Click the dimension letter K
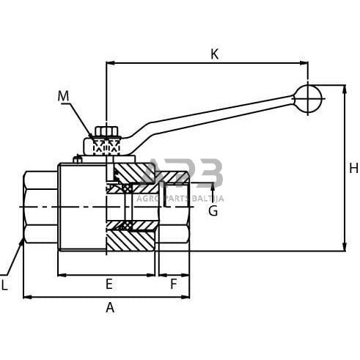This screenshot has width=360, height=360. click(x=214, y=54)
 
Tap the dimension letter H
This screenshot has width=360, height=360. click(x=353, y=169)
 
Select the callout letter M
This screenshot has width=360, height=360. click(x=63, y=96)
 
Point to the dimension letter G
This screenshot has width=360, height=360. click(x=213, y=211)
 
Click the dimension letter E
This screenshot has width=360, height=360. click(x=109, y=284)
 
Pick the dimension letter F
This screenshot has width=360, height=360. click(x=174, y=284)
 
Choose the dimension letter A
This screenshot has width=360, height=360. click(x=110, y=308)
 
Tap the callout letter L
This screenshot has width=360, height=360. click(x=4, y=286)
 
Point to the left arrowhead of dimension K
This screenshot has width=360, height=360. click(x=109, y=63)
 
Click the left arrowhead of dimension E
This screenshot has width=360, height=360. click(x=61, y=275)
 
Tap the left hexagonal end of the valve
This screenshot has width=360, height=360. click(x=40, y=207)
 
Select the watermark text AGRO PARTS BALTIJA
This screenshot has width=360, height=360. click(x=183, y=199)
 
